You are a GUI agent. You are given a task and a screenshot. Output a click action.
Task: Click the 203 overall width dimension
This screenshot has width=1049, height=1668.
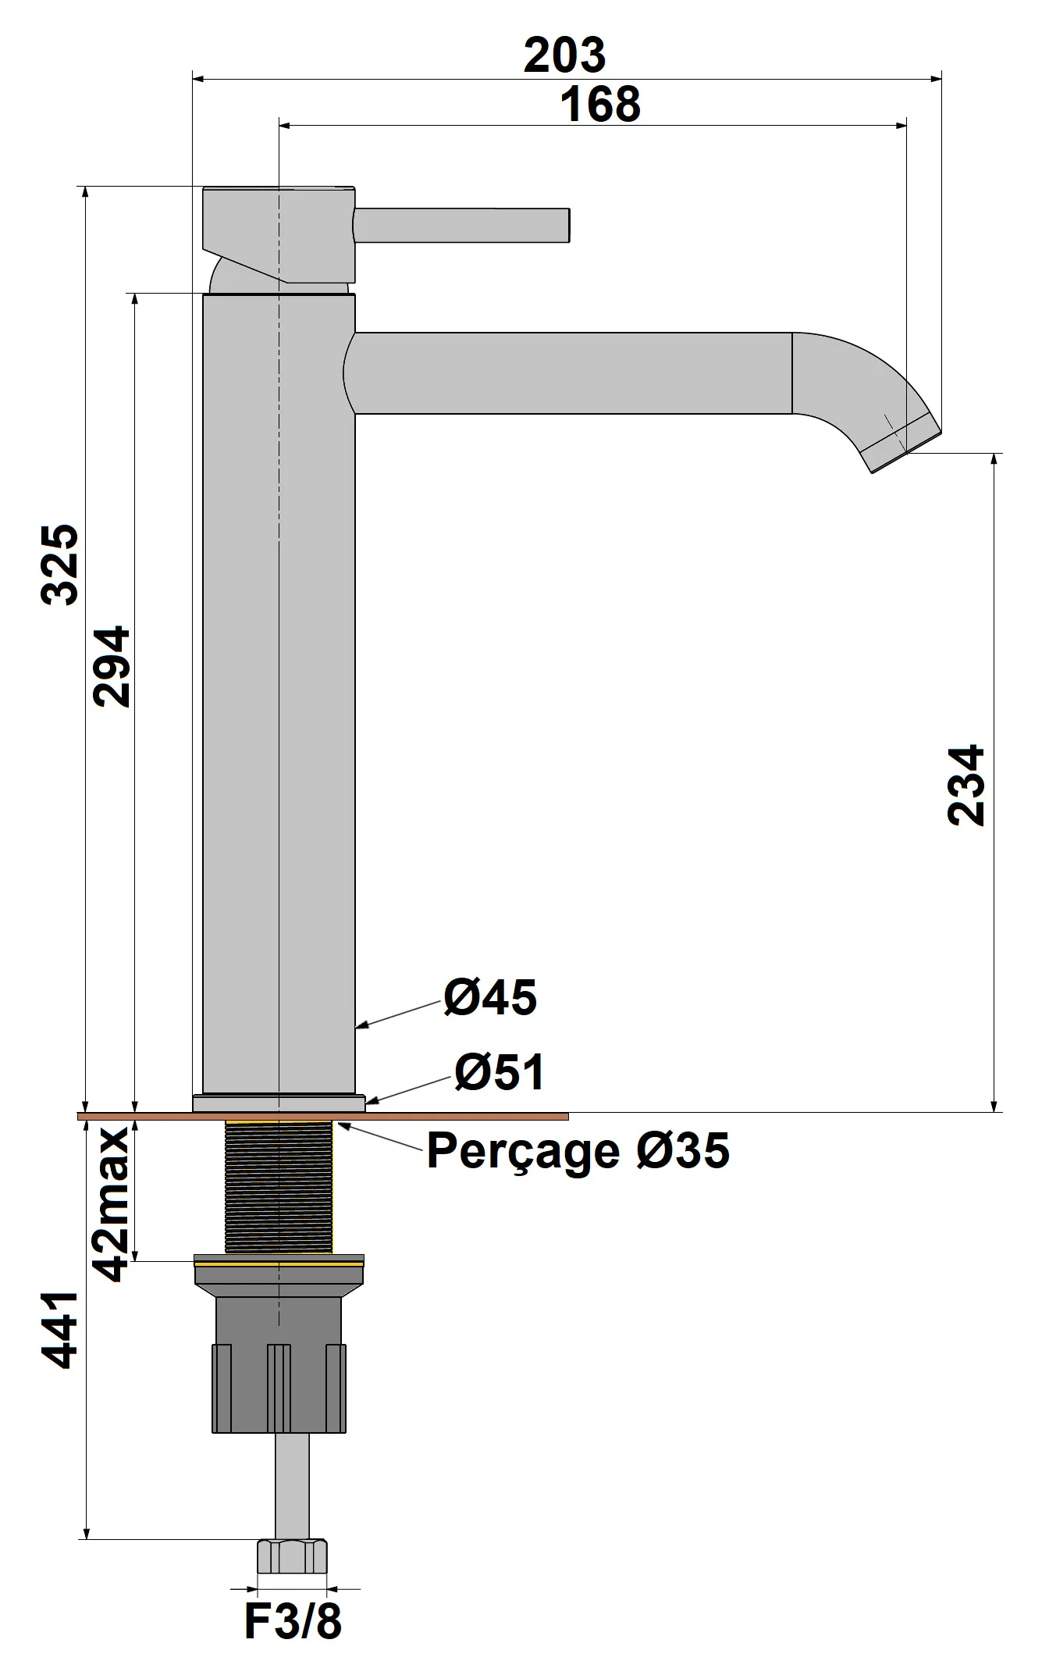564,55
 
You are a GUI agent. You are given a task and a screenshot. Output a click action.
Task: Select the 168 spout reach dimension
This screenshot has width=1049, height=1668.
599,105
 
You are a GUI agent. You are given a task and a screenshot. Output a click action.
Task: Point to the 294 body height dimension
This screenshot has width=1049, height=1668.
111,665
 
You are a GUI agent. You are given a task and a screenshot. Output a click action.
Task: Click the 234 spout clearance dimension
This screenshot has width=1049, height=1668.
965,785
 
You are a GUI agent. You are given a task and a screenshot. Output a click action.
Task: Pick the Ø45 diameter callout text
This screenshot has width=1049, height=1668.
490,997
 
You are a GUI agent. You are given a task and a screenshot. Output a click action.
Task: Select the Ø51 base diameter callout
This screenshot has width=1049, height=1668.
500,1072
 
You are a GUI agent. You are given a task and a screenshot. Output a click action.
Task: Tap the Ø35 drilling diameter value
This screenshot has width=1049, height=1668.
682,1149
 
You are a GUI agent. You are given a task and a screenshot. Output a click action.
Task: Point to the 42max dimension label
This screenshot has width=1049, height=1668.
111,1203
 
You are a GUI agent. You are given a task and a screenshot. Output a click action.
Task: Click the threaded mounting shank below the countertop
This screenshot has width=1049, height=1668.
279,1187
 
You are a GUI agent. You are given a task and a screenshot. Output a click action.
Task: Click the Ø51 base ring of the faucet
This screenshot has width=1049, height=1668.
279,1103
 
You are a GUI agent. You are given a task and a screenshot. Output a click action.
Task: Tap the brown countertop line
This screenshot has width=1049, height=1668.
468,1117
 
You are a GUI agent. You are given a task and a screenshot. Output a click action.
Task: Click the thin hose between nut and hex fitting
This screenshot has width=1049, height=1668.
291,1484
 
